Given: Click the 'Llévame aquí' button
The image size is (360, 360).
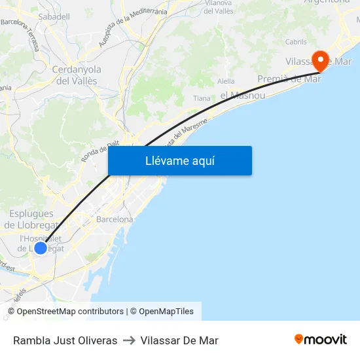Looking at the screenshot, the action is click(x=179, y=160).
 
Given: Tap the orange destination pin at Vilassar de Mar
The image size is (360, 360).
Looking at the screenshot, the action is click(x=321, y=61).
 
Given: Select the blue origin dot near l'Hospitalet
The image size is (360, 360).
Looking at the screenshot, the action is click(x=41, y=247).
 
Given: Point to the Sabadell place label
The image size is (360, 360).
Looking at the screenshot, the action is click(x=54, y=16).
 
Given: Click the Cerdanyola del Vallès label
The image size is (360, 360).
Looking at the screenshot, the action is click(x=76, y=75).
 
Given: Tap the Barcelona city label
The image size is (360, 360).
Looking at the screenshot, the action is click(x=115, y=219).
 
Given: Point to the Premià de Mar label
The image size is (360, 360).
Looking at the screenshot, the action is click(x=289, y=79).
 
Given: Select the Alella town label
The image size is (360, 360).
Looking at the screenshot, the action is click(x=226, y=81).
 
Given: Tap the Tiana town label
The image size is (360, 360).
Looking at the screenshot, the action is click(x=202, y=98).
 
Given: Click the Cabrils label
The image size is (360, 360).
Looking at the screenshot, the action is click(x=296, y=42).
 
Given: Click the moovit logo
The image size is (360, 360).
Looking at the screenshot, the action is click(x=321, y=340).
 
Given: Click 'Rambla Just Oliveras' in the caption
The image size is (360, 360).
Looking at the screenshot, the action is click(x=65, y=340).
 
